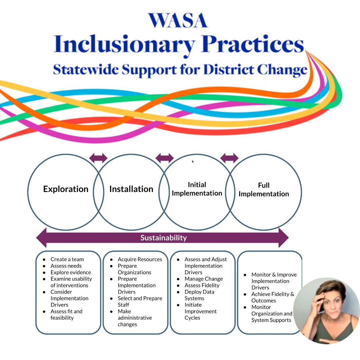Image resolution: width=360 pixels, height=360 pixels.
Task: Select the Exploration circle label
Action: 66,189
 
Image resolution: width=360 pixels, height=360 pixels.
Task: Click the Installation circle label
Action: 131,189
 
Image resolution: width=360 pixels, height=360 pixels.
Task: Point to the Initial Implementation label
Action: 197,189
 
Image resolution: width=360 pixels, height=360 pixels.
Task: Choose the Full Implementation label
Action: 264,190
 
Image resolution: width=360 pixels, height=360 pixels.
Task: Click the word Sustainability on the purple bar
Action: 163,238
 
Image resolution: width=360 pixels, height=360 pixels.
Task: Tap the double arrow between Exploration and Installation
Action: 98,158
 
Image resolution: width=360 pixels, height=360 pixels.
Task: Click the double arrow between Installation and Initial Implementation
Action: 165,158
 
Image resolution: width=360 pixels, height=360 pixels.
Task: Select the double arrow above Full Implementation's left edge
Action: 229,158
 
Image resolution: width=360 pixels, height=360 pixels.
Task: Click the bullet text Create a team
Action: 67,259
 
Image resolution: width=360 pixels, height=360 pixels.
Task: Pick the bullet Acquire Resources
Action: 140,259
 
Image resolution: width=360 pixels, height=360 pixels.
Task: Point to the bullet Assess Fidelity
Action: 202,285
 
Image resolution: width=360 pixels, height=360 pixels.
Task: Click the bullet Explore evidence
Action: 71,272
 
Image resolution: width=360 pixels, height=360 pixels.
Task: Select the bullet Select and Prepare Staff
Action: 140,301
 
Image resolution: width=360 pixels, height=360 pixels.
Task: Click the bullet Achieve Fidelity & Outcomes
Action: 273,297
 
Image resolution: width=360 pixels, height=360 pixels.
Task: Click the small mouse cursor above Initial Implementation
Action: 193,162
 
